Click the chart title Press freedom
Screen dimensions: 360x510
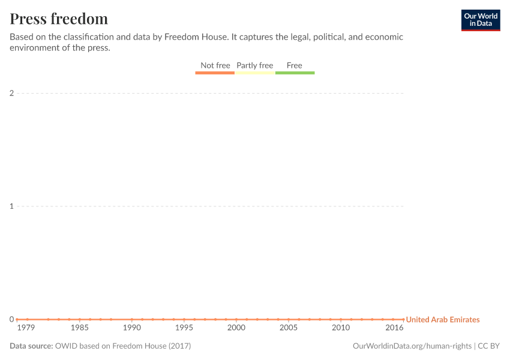pyautogui.click(x=59, y=19)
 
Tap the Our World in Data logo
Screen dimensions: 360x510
pyautogui.click(x=480, y=20)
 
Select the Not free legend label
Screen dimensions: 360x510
pyautogui.click(x=215, y=65)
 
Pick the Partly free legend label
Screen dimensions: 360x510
pyautogui.click(x=254, y=65)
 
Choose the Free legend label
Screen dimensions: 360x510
pyautogui.click(x=295, y=65)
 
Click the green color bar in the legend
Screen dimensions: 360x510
pyautogui.click(x=295, y=73)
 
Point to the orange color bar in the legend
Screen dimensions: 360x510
pyautogui.click(x=215, y=73)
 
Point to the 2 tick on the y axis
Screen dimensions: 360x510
pyautogui.click(x=11, y=93)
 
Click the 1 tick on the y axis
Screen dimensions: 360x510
pyautogui.click(x=11, y=206)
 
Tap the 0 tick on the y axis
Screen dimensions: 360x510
pyautogui.click(x=11, y=319)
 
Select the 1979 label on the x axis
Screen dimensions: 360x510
pyautogui.click(x=26, y=328)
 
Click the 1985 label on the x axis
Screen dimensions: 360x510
pyautogui.click(x=79, y=328)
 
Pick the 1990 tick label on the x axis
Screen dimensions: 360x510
pyautogui.click(x=131, y=328)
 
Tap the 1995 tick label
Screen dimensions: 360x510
pyautogui.click(x=184, y=328)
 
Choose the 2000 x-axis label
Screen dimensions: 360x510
pyautogui.click(x=236, y=328)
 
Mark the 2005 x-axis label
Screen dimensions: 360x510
pyautogui.click(x=288, y=328)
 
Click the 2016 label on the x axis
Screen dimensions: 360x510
pyautogui.click(x=394, y=328)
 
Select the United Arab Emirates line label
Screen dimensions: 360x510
pyautogui.click(x=443, y=320)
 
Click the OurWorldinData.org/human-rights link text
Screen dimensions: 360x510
pyautogui.click(x=412, y=346)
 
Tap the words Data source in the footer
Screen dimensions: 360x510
pyautogui.click(x=31, y=346)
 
